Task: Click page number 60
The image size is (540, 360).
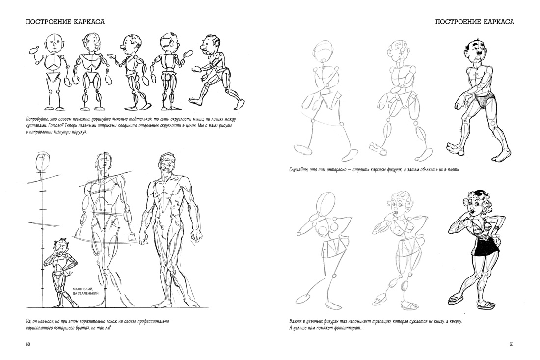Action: pos(28,344)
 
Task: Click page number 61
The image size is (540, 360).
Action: pos(512,344)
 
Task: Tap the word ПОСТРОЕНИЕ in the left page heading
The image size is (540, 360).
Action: pos(48,22)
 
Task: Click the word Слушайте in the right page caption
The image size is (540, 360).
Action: pos(299,169)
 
